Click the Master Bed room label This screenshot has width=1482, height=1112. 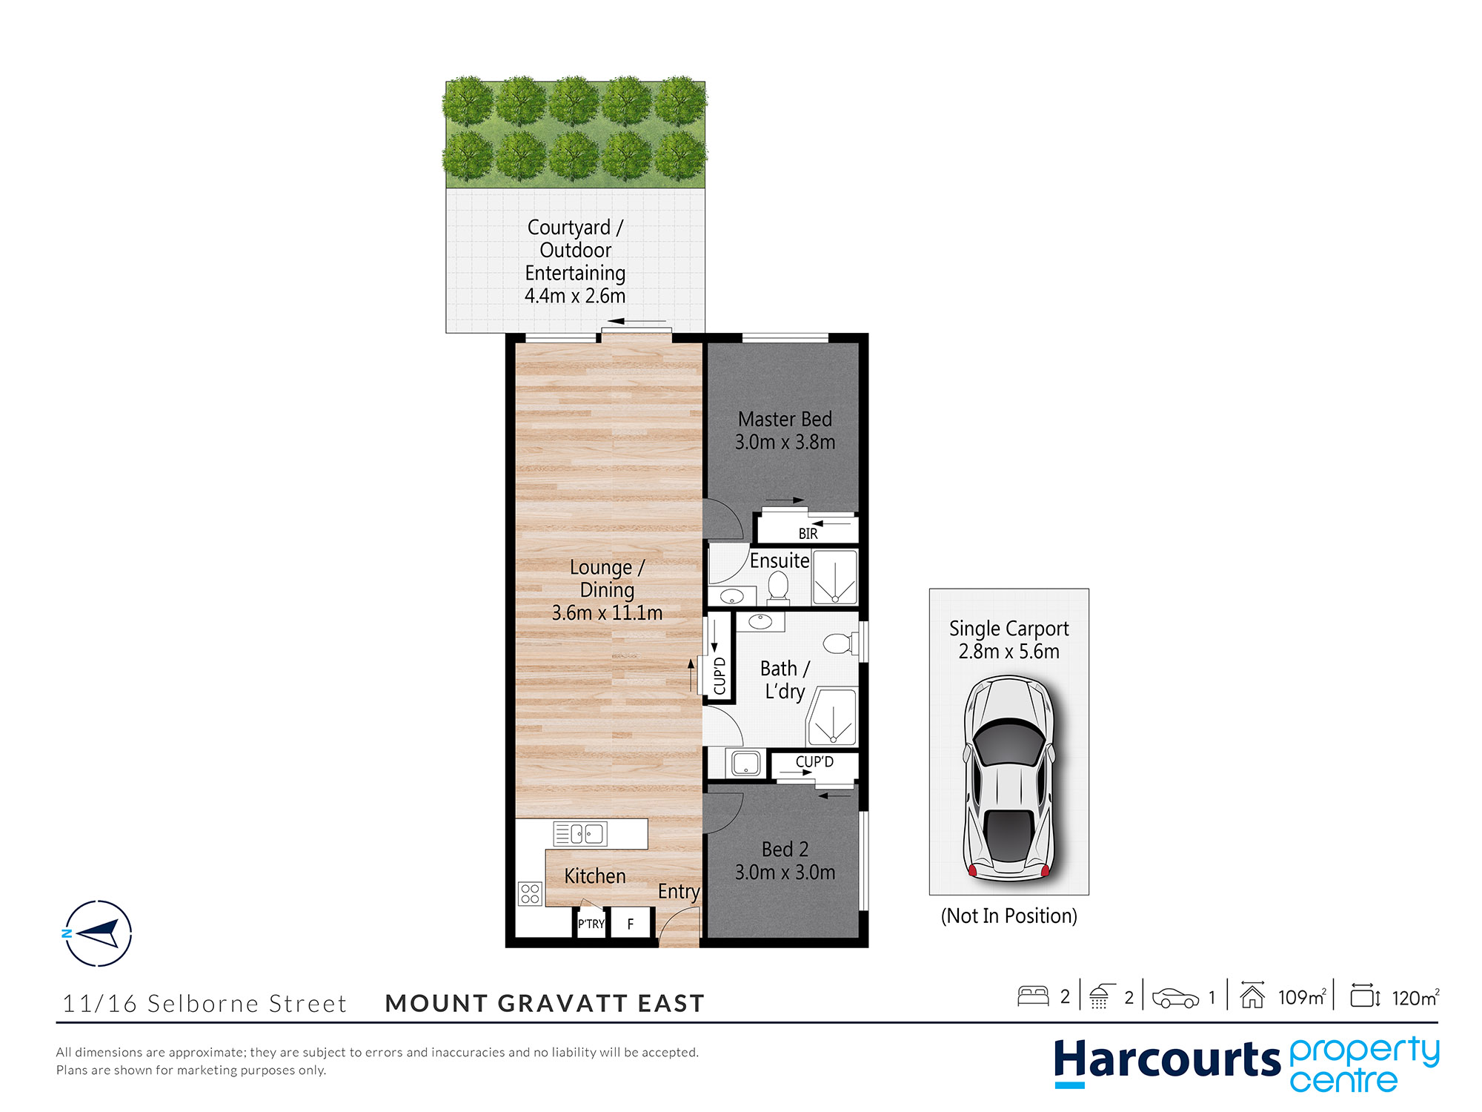(785, 419)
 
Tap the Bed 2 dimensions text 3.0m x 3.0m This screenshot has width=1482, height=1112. (785, 873)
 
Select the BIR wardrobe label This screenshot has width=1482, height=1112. (808, 534)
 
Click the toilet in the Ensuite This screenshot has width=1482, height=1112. (778, 586)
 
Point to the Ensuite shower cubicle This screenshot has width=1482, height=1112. (835, 577)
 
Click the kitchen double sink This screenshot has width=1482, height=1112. (580, 834)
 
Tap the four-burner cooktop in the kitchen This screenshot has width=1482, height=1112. (530, 893)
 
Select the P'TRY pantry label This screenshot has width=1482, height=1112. (591, 924)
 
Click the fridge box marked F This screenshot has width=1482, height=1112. (631, 924)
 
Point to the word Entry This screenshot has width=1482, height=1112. (679, 892)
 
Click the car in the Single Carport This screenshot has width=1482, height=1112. (1009, 778)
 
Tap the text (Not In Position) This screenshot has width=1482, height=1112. (1009, 916)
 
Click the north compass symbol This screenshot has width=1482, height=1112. (98, 933)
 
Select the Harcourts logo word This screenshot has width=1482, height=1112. (1167, 1060)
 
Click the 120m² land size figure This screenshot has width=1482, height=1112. (1415, 998)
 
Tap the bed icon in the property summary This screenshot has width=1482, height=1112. (1033, 996)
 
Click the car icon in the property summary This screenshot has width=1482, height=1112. (1175, 998)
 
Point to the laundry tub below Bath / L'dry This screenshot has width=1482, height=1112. (745, 763)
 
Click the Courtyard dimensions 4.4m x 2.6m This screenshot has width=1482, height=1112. (575, 297)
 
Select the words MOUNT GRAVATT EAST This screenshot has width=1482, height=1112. (545, 1003)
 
